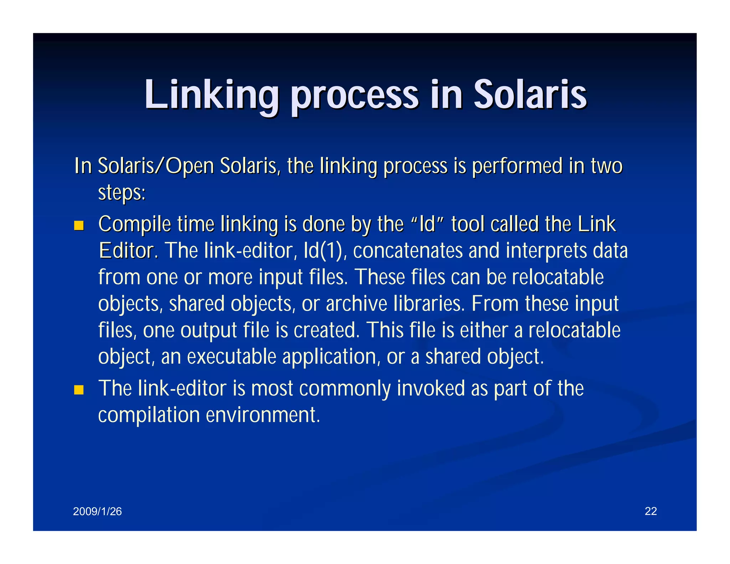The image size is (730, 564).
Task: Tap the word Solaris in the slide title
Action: tap(530, 95)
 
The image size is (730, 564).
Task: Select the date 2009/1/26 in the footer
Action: tap(97, 512)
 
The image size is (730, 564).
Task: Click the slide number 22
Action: tap(651, 511)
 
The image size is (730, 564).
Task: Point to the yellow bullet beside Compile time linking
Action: tap(79, 226)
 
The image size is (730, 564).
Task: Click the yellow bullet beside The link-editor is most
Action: tap(79, 390)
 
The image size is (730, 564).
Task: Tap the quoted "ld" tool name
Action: tap(427, 225)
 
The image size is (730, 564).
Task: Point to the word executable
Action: tap(231, 357)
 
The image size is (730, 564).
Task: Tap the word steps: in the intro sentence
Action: tap(122, 193)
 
